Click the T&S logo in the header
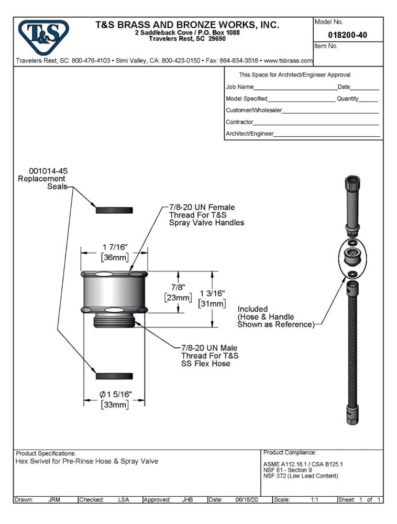click(43, 37)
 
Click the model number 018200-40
click(347, 35)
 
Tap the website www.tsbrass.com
click(288, 61)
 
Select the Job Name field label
click(239, 87)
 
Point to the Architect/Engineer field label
click(249, 134)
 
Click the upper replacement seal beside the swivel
click(114, 210)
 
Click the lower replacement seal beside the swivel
click(114, 376)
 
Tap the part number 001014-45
click(48, 171)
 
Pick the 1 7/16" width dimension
click(115, 247)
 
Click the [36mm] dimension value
click(115, 257)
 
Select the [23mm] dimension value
click(178, 298)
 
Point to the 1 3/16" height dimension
click(212, 293)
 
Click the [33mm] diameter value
click(115, 405)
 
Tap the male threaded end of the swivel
click(114, 321)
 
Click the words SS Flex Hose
click(206, 364)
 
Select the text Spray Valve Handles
click(206, 223)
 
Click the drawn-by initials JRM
click(54, 499)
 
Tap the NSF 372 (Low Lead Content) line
click(301, 476)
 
